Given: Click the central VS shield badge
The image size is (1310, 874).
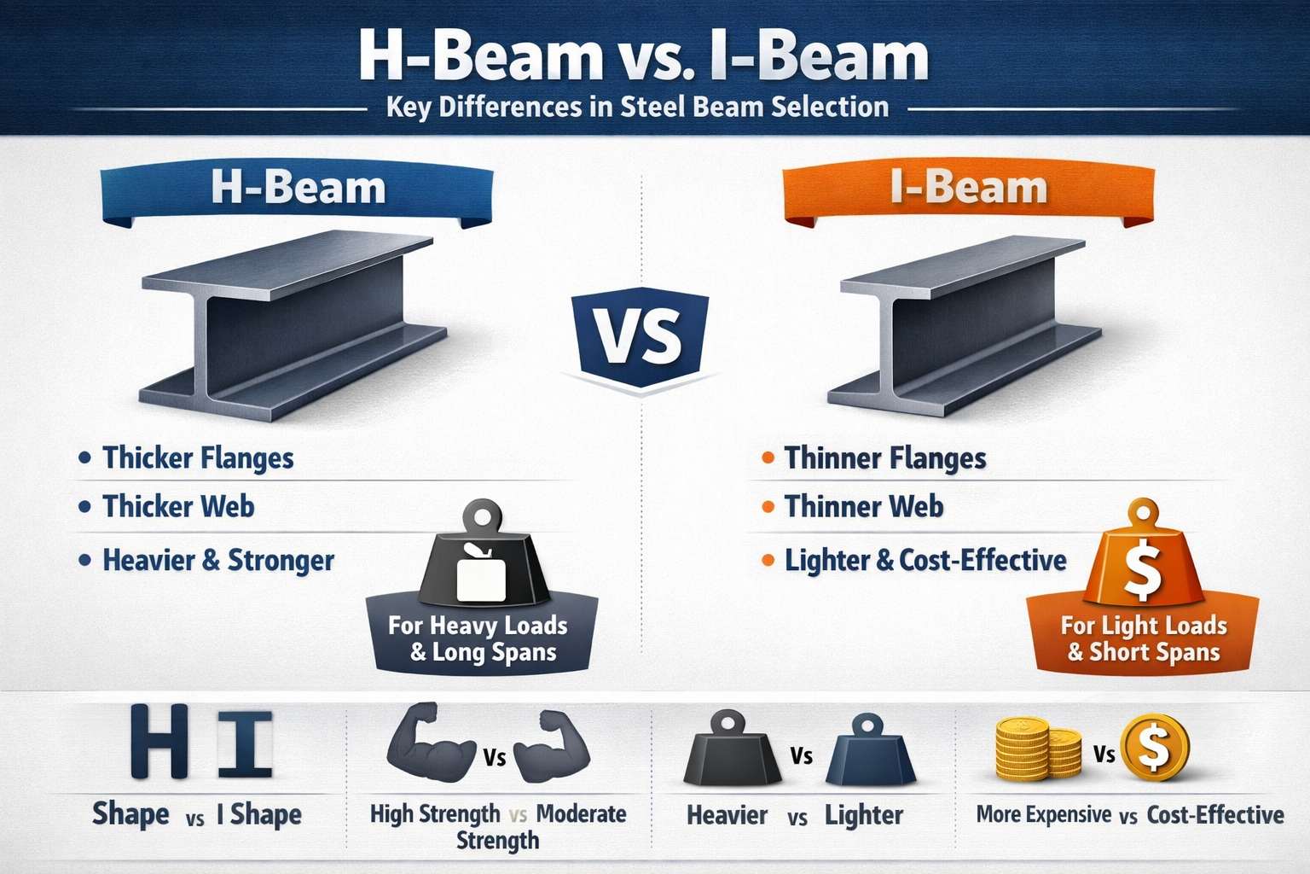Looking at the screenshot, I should click(641, 337).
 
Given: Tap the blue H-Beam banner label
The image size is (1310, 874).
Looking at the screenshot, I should click(298, 189).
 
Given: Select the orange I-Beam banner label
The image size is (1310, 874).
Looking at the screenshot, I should click(969, 189).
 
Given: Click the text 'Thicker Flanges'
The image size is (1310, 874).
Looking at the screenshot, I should click(198, 458).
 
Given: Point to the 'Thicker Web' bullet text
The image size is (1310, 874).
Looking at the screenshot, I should click(178, 507).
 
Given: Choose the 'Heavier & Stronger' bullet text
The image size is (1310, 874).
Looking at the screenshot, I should click(218, 561).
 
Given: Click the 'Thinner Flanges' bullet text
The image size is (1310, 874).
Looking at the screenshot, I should click(885, 458).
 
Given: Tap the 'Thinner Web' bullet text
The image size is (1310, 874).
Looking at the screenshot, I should click(864, 507).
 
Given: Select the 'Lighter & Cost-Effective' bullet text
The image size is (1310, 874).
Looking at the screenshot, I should click(925, 561).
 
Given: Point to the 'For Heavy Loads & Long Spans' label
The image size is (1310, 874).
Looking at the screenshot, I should click(478, 639).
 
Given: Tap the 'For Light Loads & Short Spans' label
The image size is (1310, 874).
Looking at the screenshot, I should click(1144, 639).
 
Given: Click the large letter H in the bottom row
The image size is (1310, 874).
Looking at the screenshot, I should click(160, 741).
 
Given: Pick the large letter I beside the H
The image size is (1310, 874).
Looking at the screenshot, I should click(245, 743).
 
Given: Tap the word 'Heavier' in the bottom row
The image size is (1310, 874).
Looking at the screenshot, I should click(727, 816).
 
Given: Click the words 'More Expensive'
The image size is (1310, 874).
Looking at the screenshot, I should click(1044, 815).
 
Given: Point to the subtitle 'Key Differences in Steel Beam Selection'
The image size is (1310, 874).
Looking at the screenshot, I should click(637, 108).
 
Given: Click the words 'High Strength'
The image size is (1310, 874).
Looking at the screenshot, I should click(435, 814).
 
